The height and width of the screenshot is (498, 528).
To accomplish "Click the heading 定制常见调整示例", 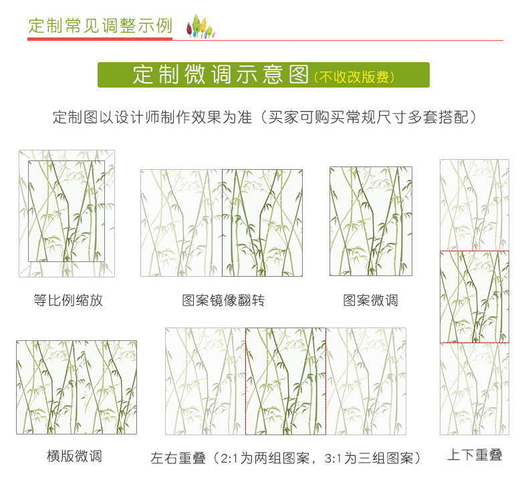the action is tap(100, 26).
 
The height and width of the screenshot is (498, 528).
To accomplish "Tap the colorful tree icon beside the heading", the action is tap(200, 26).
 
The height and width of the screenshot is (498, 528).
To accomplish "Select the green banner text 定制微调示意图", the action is tap(221, 74).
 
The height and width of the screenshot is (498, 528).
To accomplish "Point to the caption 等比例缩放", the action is tap(68, 300).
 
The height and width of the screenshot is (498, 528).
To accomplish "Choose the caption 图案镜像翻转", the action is tap(223, 300).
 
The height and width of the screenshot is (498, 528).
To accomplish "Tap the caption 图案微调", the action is tap(370, 300).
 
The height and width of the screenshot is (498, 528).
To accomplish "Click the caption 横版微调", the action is tap(74, 457).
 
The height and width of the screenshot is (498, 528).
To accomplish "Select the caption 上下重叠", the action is tap(475, 455).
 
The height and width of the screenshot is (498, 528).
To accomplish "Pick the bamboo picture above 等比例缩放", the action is tap(66, 213).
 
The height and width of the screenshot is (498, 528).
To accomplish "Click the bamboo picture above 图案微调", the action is tap(370, 221).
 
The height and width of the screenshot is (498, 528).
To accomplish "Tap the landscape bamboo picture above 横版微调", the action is tap(76, 387).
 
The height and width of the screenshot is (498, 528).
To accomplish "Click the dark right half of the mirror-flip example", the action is tap(262, 223).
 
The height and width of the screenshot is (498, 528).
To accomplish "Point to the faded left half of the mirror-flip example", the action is tap(181, 223).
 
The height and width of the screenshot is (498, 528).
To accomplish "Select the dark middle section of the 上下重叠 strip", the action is tap(474, 296).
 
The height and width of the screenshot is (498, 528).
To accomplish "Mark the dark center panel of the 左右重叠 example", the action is tap(285, 381).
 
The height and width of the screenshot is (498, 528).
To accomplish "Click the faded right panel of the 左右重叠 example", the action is tap(366, 381).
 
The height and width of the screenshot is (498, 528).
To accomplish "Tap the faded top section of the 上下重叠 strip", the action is tap(474, 205).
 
